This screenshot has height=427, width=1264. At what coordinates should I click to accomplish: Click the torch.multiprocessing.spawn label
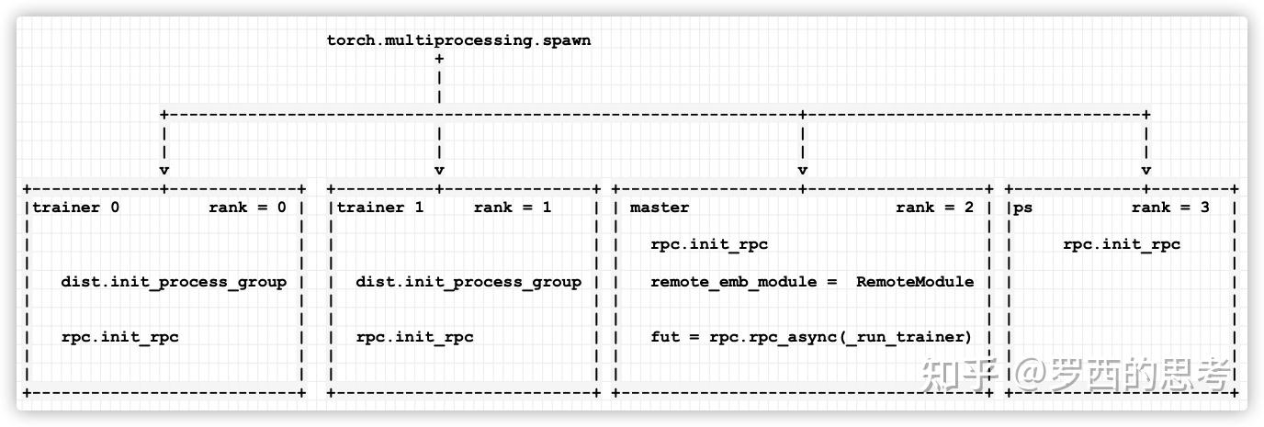[458, 40]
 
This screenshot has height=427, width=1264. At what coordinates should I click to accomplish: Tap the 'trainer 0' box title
[76, 208]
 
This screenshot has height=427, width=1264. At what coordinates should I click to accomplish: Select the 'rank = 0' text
[247, 208]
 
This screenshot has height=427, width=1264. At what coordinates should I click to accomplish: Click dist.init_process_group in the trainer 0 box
[174, 282]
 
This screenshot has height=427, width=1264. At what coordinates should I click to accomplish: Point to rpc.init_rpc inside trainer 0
[120, 337]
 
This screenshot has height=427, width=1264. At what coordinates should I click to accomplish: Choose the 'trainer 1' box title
[380, 208]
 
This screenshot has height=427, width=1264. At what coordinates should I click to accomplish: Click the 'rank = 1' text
[513, 208]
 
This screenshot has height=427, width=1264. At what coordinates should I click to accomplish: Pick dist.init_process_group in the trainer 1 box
[468, 282]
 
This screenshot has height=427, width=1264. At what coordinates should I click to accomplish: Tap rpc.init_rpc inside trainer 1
[415, 337]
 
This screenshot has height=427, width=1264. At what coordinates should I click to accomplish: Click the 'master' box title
[660, 208]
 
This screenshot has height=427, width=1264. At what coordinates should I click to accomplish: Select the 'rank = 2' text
[934, 208]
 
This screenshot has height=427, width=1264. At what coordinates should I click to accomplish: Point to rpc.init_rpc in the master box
[709, 244]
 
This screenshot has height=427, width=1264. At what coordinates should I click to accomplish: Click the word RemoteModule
[915, 282]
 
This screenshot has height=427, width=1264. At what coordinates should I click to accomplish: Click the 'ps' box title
[1022, 208]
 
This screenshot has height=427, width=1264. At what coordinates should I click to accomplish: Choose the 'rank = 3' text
[1170, 208]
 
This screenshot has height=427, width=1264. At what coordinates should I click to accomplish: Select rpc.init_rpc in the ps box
[1122, 244]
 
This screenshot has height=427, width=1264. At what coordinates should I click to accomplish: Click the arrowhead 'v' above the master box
[803, 170]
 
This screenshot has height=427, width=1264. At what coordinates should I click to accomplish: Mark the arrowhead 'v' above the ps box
[1146, 170]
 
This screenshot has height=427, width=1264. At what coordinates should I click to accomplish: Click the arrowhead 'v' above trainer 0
[164, 170]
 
